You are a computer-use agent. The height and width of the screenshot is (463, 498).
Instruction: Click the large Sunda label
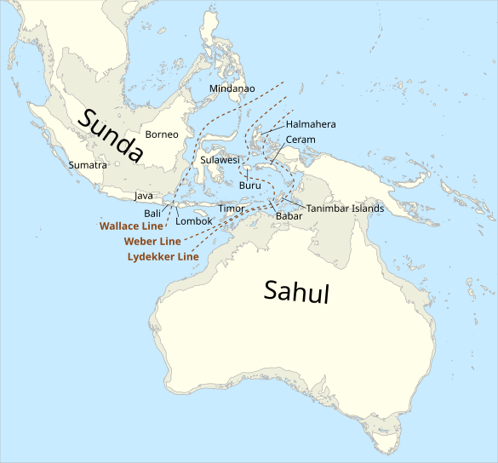pos(110,135)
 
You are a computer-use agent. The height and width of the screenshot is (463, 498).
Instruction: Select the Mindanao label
pos(232,89)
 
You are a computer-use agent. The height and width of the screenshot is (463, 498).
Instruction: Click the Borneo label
pos(162,134)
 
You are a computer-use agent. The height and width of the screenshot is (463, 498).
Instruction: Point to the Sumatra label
pos(87,165)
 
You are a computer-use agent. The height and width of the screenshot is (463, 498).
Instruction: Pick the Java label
pos(144,196)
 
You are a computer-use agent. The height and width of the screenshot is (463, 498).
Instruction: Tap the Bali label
pos(153,213)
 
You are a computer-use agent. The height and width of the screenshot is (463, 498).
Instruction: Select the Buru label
pos(250,186)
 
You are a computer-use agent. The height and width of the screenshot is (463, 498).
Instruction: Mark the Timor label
pos(232,209)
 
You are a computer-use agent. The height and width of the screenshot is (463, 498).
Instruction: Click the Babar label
pos(289,216)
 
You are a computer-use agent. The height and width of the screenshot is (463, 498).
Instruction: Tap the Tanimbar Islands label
pos(345,209)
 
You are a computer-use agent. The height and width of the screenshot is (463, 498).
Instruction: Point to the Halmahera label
pos(311,124)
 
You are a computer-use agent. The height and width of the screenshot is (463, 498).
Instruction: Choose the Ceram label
pos(301,140)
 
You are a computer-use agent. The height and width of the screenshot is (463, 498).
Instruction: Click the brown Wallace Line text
pos(130,226)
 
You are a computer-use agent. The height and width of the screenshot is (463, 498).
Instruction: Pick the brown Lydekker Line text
pos(163,257)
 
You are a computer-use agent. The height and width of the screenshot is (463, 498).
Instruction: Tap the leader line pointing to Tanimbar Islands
pos(293,203)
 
